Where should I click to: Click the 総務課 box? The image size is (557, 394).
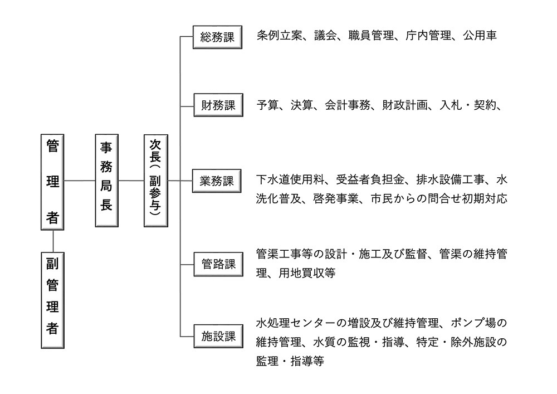coord(217,37)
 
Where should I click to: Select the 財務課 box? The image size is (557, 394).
coord(218,105)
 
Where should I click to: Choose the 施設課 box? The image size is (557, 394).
coord(218,336)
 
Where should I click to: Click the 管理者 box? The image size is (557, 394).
coord(53,181)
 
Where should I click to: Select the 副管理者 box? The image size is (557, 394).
coord(53,299)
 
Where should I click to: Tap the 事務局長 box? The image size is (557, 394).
coord(106,181)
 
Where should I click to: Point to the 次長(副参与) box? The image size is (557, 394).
coord(155,181)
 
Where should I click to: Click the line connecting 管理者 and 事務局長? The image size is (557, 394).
coord(79,181)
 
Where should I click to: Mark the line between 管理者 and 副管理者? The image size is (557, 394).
coord(53,240)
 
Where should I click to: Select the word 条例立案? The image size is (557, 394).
coord(279,36)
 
